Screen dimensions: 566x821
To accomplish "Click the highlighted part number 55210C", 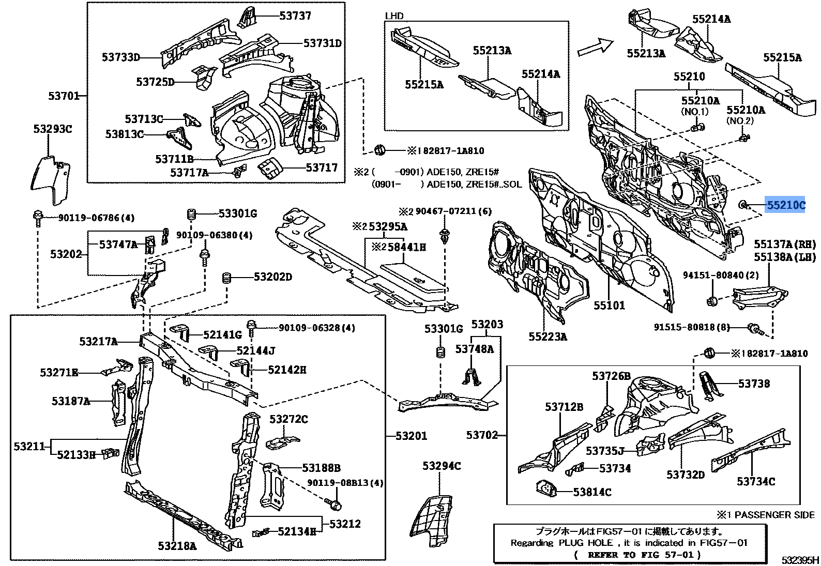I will point(785,205).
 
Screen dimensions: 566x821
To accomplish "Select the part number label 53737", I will point(295,16).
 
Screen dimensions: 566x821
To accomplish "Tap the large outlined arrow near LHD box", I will point(595,47).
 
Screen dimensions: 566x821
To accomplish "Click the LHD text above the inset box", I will point(394,16).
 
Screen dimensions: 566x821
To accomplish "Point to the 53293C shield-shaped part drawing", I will point(52,178).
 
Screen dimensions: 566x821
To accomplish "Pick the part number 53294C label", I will point(441,466).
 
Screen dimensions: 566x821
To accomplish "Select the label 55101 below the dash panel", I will point(609,305).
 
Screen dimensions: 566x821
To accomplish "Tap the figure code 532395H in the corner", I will point(800,560).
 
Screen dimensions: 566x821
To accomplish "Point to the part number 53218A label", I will point(177,545).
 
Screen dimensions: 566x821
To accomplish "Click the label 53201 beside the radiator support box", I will point(411,436).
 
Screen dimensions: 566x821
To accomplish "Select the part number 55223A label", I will point(548,336).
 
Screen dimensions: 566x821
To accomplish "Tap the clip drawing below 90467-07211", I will point(444,237).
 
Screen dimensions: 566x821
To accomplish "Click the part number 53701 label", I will point(64,96).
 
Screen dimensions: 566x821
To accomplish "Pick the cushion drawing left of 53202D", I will point(226,278).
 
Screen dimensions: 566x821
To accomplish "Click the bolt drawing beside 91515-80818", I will point(755,328).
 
